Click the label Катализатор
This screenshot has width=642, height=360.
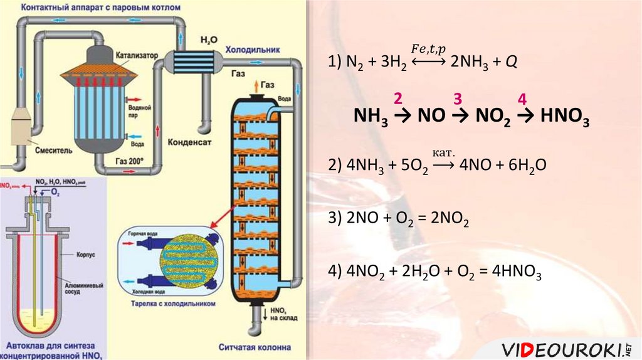tap(135, 55)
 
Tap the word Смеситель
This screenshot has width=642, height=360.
tap(55, 151)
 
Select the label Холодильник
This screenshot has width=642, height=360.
tap(253, 49)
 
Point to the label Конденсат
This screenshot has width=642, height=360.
tap(189, 142)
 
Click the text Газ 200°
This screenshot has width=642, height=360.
tap(129, 161)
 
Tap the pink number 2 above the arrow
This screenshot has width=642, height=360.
tap(397, 98)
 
